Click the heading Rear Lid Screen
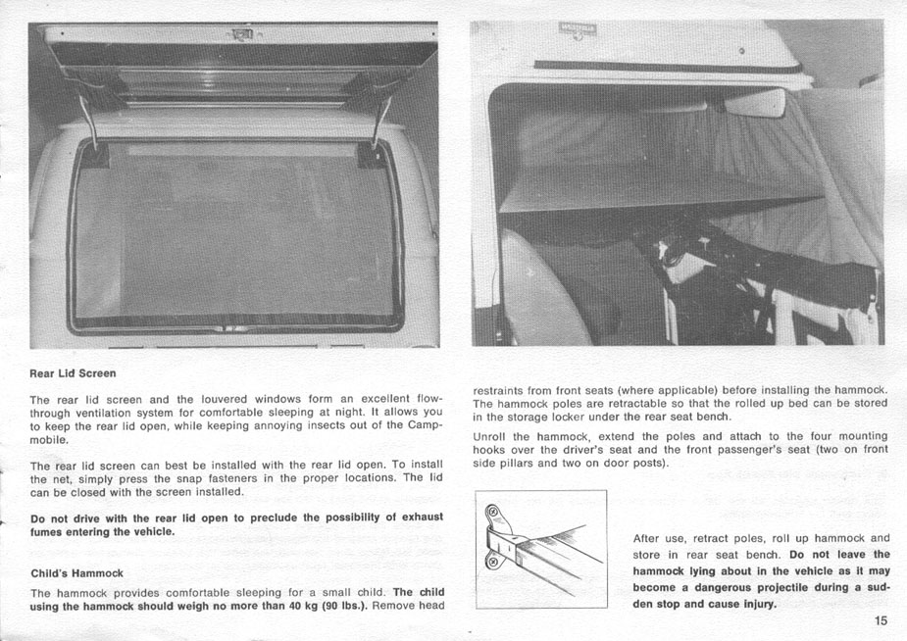[x=73, y=373]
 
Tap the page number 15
[x=881, y=620]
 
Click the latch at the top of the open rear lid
[x=241, y=37]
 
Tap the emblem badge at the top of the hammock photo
[x=579, y=32]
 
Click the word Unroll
[x=490, y=436]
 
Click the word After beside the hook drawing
[x=647, y=538]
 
